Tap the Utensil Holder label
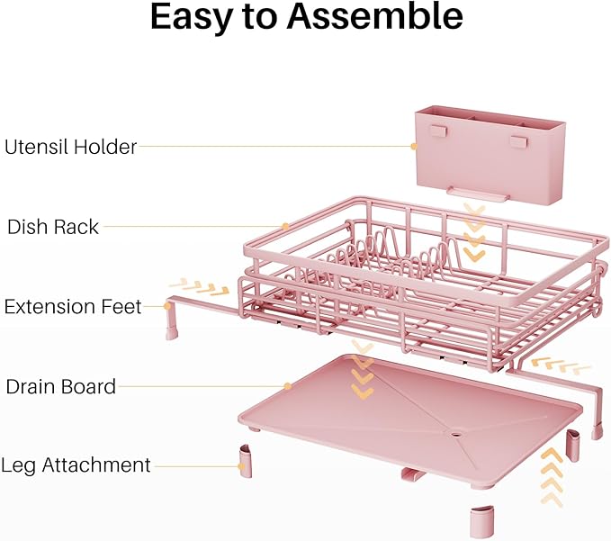coord(70,147)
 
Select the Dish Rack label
coord(53,227)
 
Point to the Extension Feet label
coord(73,307)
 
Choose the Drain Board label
coord(60,387)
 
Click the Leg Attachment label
coord(76,465)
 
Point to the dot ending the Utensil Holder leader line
coord(413,147)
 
